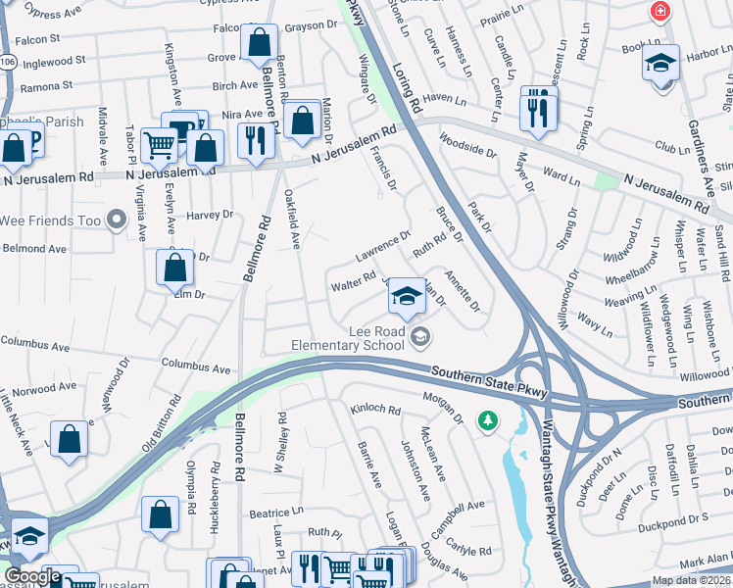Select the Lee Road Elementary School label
click(349, 338)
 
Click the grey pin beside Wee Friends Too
click(117, 220)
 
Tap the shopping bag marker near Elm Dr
click(174, 268)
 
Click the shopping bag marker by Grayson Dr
click(258, 43)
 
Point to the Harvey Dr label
click(210, 215)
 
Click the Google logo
click(32, 577)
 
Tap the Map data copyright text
click(692, 580)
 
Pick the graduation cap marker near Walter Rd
click(405, 297)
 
